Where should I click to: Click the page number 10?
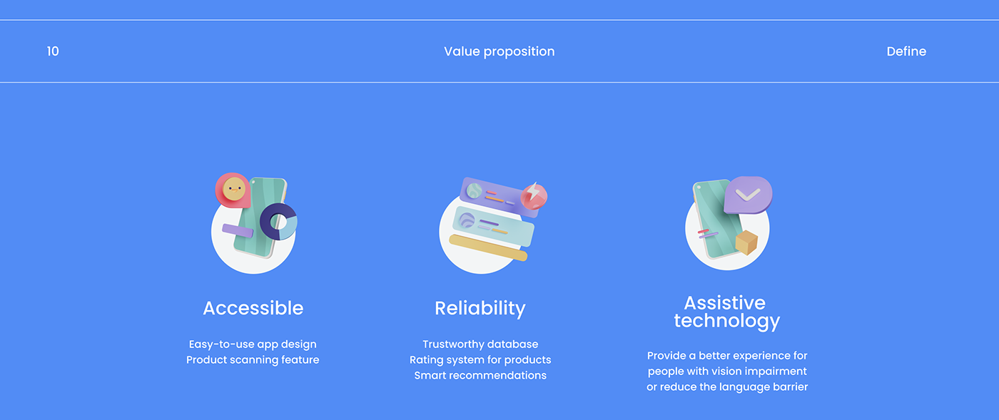coord(53,51)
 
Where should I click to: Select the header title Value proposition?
coord(499,52)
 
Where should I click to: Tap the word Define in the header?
coord(906,51)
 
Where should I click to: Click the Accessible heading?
coord(253,308)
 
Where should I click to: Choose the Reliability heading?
coord(480,309)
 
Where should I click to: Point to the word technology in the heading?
coord(727,321)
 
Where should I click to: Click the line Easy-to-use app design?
coord(253,344)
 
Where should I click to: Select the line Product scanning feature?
coord(253,360)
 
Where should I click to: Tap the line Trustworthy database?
coord(480,344)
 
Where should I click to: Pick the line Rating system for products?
coord(480,360)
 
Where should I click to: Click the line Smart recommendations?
coord(480,375)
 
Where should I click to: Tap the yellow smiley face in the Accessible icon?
coord(234,189)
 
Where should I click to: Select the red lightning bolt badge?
coord(534,196)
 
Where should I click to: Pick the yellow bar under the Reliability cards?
coord(488,248)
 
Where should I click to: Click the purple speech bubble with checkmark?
coord(748,195)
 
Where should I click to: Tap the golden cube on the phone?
coord(746,242)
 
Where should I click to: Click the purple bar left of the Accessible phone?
coord(238,230)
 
